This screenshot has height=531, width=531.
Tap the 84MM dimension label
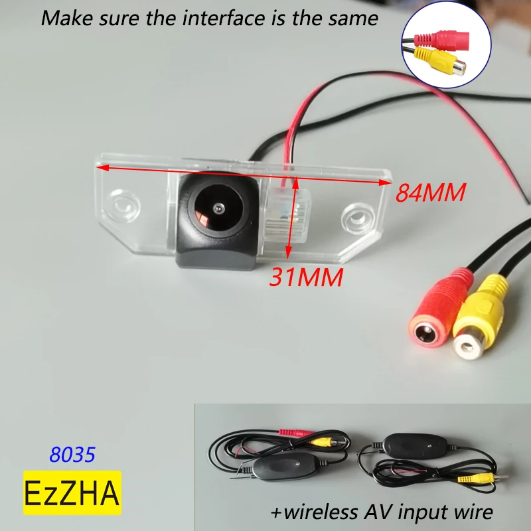(x=428, y=192)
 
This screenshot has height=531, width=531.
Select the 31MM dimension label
(x=305, y=277)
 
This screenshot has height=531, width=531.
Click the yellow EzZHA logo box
(x=72, y=492)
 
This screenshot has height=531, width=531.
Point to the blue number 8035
(x=72, y=455)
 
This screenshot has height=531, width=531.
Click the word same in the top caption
(x=353, y=17)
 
